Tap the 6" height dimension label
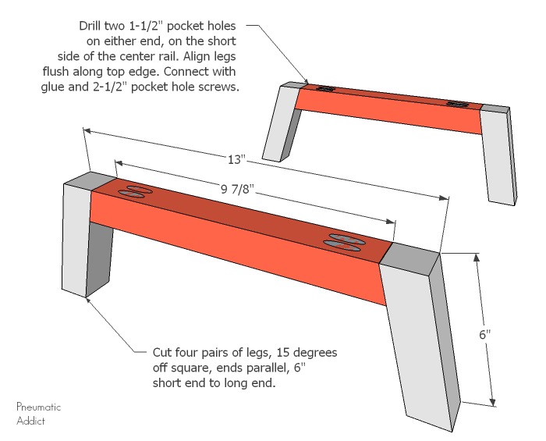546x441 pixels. point(484,335)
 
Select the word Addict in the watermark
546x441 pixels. point(30,420)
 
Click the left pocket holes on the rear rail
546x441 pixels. point(326,89)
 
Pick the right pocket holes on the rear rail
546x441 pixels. point(458,103)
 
